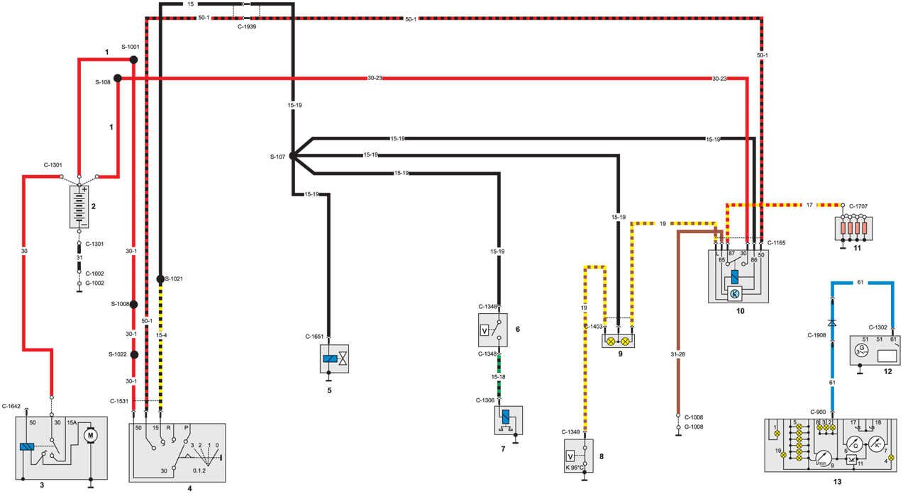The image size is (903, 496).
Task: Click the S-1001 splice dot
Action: [x=133, y=60]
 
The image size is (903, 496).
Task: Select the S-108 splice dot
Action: [x=118, y=79]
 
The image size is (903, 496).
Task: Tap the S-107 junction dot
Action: [x=292, y=156]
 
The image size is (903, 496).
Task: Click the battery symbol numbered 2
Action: [x=80, y=205]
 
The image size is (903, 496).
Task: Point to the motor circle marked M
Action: [x=89, y=434]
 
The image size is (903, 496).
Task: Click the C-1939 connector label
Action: [x=246, y=27]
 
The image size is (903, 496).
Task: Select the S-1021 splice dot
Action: [x=160, y=278]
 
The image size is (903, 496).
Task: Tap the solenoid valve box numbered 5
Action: [x=336, y=359]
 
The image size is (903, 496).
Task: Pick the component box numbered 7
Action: [x=508, y=420]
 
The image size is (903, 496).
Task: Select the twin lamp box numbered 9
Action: [x=618, y=340]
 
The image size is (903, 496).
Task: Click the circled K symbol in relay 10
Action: [x=734, y=293]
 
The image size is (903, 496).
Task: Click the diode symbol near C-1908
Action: [x=832, y=322]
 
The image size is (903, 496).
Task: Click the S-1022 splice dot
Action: [x=133, y=354]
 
